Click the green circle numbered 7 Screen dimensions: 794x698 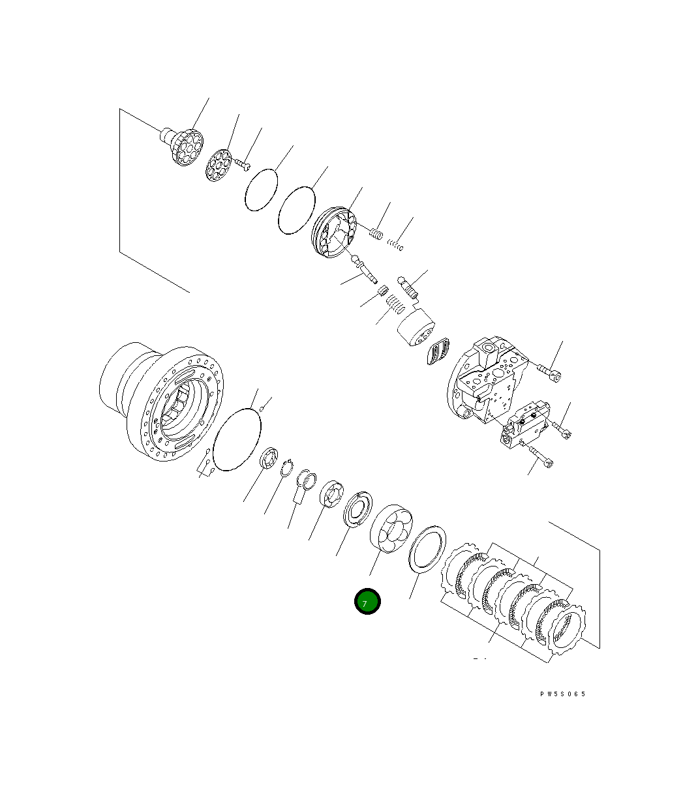tap(367, 602)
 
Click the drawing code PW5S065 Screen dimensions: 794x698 tap(562, 694)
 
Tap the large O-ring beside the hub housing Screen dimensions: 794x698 tap(237, 438)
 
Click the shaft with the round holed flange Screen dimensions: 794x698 tap(183, 144)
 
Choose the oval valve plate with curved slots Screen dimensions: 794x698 tap(438, 353)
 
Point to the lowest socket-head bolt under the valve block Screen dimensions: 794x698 tap(540, 458)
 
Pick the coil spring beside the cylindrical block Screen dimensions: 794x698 tap(393, 304)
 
